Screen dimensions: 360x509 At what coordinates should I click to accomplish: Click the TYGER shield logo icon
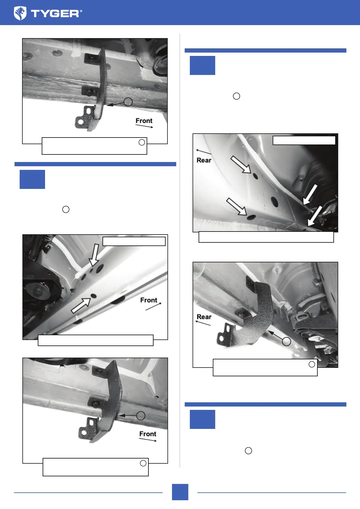[x=20, y=13]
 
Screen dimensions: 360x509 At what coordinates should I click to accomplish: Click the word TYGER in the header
[x=55, y=14]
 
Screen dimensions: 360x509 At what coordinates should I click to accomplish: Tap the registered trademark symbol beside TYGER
[x=81, y=11]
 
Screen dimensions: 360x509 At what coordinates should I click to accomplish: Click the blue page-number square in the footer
[x=180, y=492]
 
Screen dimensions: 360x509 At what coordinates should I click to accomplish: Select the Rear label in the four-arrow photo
[x=204, y=160]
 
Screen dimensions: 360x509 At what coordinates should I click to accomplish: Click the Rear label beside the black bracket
[x=204, y=317]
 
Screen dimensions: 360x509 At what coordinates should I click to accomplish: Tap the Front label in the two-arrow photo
[x=149, y=300]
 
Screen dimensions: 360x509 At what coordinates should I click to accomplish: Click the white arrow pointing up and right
[x=81, y=306]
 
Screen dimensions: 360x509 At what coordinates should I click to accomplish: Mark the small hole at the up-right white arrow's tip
[x=93, y=296]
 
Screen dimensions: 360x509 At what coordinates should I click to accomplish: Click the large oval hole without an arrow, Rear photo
[x=274, y=202]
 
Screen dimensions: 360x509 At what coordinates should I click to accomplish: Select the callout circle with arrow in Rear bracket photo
[x=286, y=341]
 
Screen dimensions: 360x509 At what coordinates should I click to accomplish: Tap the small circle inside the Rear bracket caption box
[x=312, y=364]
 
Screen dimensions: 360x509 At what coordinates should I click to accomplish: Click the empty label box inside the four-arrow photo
[x=304, y=140]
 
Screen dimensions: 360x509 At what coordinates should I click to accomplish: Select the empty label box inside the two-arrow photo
[x=134, y=241]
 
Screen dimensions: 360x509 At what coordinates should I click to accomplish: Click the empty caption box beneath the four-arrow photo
[x=266, y=237]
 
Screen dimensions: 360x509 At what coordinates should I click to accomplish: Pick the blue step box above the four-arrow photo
[x=202, y=65]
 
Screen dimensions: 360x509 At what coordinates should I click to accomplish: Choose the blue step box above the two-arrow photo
[x=32, y=179]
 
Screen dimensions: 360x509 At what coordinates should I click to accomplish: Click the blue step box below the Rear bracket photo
[x=202, y=419]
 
